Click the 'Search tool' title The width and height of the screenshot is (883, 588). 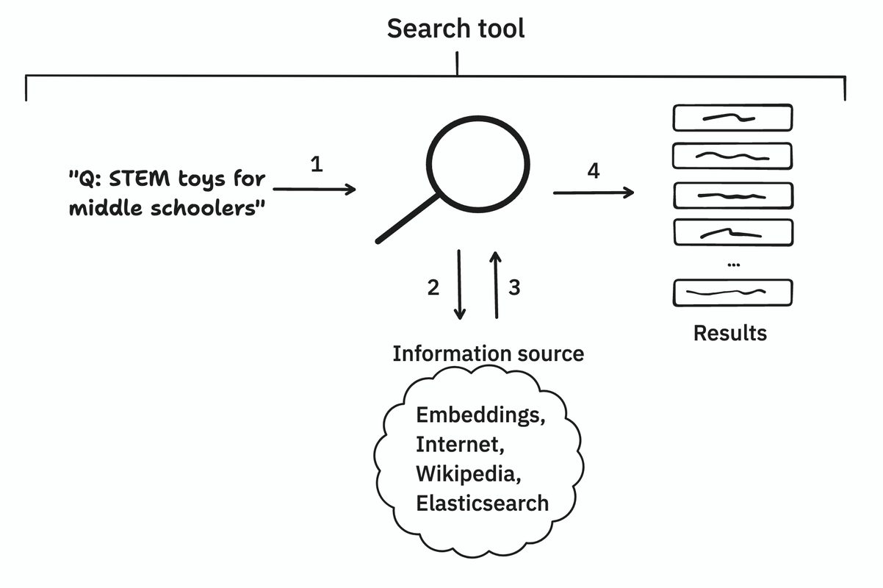click(455, 29)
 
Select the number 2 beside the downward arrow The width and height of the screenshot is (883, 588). click(433, 288)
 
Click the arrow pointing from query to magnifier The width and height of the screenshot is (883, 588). click(314, 190)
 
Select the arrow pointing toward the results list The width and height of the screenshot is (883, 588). click(594, 193)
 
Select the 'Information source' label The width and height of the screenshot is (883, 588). click(488, 354)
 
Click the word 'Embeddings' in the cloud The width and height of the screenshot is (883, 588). click(480, 416)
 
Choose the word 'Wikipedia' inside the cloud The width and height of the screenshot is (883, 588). click(469, 473)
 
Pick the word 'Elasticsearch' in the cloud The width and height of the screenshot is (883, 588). click(482, 503)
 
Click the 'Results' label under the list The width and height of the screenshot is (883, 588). click(729, 333)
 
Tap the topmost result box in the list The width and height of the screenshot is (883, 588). click(732, 117)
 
